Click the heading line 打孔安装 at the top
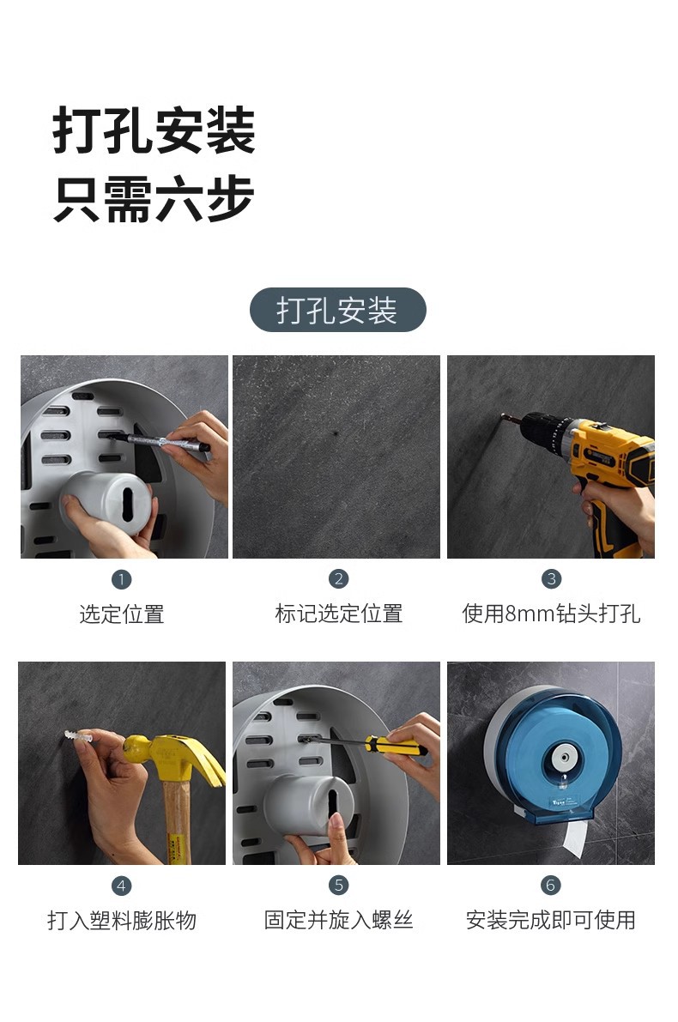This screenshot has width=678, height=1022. (154, 131)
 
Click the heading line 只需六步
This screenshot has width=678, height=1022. (154, 200)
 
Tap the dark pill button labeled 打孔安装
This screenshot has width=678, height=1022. (337, 310)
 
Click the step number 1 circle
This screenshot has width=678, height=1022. (122, 579)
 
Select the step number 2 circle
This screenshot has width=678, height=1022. (338, 579)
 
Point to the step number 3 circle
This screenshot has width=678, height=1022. (551, 579)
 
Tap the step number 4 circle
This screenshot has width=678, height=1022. (121, 886)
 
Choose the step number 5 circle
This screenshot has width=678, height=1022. (338, 886)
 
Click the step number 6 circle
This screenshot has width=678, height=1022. (551, 886)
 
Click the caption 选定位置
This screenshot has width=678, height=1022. (122, 614)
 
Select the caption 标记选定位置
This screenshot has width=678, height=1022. (338, 614)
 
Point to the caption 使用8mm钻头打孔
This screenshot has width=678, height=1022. (551, 614)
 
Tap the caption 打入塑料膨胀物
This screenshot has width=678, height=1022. (122, 921)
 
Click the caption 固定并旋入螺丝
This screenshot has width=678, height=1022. (338, 921)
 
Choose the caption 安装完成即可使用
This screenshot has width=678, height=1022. (551, 921)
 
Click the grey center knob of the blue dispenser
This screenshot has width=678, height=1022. (562, 758)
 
